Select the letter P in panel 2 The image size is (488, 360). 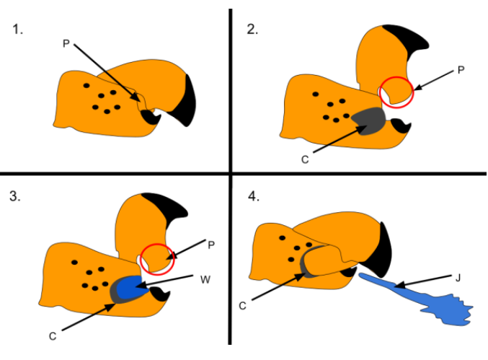coord(461,71)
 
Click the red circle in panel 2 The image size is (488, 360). coord(396,91)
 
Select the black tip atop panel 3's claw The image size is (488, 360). coord(165,205)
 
